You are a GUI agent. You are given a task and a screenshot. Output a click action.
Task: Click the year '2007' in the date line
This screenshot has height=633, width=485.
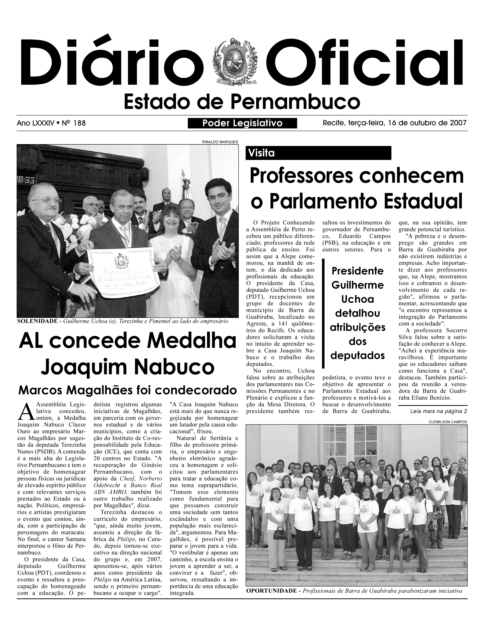(458, 123)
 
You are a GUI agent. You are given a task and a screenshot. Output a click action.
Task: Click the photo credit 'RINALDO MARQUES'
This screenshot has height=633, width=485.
(222, 142)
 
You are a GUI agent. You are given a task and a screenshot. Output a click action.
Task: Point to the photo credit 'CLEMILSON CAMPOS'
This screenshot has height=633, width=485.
(448, 422)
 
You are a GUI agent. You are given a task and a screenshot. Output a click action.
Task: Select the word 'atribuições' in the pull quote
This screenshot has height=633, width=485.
(358, 328)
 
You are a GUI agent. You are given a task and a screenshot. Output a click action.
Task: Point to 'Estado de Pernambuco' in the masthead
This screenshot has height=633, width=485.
(242, 101)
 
